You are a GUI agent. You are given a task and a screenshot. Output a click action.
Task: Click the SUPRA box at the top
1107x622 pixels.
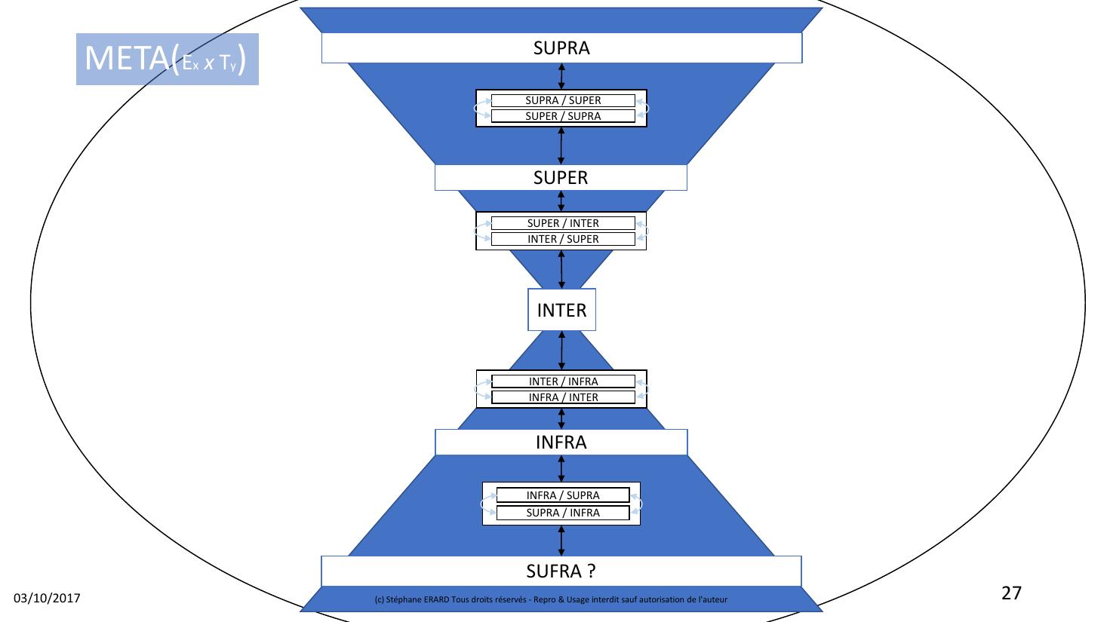(x=561, y=48)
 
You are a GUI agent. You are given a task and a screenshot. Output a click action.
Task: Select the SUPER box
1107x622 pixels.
(x=561, y=178)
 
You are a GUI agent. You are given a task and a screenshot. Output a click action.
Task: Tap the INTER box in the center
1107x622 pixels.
(x=561, y=310)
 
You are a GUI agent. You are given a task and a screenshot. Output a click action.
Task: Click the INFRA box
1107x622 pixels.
(x=561, y=443)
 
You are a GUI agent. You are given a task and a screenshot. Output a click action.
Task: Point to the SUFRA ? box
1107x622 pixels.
(x=561, y=571)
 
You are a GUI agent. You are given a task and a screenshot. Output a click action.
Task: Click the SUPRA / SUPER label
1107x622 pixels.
(x=563, y=100)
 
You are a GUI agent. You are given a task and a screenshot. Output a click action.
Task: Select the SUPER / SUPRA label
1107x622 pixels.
(x=563, y=116)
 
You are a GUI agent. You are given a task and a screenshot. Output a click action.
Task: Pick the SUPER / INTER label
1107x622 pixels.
(x=563, y=223)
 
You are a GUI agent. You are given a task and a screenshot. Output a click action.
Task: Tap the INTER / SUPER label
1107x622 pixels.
(x=563, y=239)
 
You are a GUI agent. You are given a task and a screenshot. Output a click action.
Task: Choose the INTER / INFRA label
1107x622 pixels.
(x=563, y=381)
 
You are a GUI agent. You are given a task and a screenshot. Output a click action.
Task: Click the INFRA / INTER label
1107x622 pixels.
(x=563, y=397)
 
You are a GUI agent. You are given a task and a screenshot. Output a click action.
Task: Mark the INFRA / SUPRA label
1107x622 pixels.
(x=563, y=495)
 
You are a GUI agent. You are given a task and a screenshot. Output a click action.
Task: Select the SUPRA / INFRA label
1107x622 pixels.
(x=563, y=513)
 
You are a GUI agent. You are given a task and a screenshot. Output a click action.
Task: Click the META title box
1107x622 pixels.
(x=168, y=59)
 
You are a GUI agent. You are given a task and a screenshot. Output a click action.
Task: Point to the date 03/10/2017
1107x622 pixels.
(x=48, y=599)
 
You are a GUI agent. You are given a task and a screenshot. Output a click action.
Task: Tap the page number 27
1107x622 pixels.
(x=1011, y=593)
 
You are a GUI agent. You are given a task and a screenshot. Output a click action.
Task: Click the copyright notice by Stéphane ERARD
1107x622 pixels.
(x=551, y=599)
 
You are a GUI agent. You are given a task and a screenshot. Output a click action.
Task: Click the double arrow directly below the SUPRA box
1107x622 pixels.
(x=561, y=76)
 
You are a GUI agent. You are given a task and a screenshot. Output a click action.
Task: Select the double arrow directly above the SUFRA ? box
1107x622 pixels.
(x=561, y=541)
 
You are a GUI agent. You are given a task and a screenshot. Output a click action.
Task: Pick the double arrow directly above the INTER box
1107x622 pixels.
(x=561, y=269)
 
